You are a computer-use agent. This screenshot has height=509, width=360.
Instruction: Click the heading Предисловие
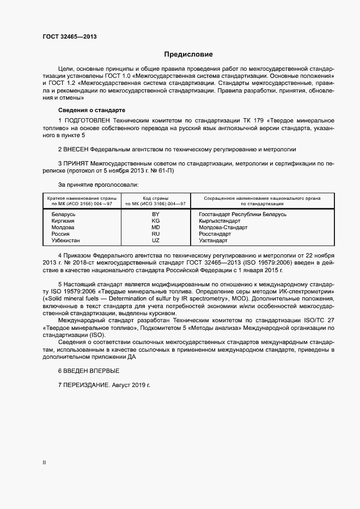188,54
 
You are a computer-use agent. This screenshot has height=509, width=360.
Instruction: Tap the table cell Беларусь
63,214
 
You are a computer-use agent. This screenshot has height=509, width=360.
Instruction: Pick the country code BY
155,214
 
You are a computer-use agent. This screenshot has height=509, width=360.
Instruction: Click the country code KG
155,221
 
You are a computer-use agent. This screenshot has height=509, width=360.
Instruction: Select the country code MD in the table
155,228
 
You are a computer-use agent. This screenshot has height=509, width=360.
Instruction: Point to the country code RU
155,234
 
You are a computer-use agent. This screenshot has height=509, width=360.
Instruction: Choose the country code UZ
155,240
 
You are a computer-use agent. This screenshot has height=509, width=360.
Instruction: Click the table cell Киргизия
63,221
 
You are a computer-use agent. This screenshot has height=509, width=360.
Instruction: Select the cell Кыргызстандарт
219,221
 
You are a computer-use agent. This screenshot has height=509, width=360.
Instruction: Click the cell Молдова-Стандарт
223,228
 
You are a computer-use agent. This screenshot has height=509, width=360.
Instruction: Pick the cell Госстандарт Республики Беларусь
242,214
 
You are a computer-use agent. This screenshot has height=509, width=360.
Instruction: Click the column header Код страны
155,198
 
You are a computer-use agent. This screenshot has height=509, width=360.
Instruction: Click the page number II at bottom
44,462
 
